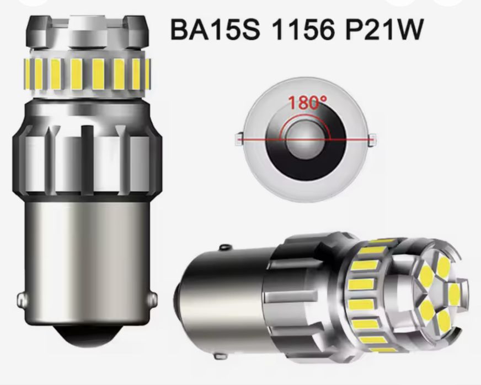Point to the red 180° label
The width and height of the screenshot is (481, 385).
(306, 103)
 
